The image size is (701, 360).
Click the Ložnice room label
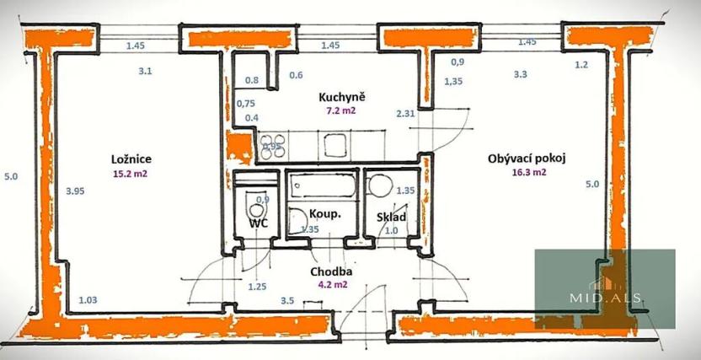130,159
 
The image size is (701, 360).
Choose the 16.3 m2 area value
528,172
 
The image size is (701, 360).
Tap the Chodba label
330,271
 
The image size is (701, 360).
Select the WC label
259,223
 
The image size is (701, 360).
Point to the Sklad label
392,218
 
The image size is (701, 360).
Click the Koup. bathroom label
324,213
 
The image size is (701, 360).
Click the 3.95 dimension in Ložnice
77,191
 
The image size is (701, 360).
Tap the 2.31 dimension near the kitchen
405,113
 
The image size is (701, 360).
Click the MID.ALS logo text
606,299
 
